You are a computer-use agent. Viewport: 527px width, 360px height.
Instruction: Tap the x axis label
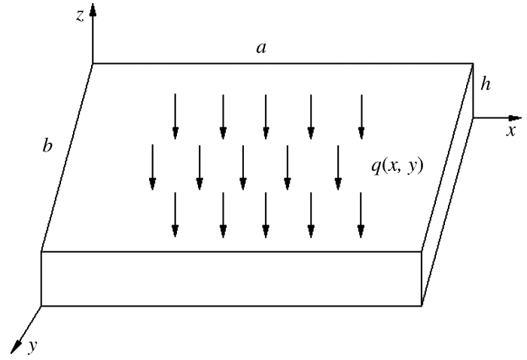tap(510, 131)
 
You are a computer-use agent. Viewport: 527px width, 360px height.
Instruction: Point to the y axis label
tap(33, 346)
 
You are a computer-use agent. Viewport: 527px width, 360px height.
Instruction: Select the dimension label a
tap(260, 48)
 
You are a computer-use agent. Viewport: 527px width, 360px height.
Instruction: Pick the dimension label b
tap(47, 145)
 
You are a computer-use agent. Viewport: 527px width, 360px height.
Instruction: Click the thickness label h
tap(487, 85)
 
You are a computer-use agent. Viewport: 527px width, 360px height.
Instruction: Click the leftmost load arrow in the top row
tap(175, 116)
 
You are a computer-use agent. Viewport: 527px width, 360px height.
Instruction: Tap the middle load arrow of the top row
tap(266, 116)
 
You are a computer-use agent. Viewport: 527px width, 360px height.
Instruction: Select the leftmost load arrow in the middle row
tap(153, 166)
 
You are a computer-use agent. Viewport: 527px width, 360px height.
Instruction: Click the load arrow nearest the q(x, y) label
tap(338, 166)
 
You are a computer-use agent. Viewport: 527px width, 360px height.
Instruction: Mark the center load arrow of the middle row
tap(242, 166)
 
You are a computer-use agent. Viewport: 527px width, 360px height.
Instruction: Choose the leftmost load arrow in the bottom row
tap(175, 215)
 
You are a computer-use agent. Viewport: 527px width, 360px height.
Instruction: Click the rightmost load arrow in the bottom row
tap(361, 215)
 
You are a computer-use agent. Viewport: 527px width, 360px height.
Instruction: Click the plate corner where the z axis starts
tap(93, 63)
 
